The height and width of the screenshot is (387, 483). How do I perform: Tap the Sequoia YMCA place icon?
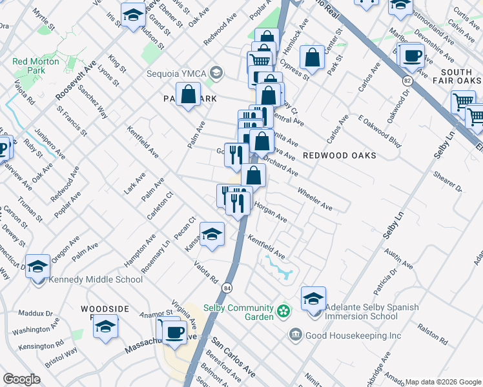[216, 72]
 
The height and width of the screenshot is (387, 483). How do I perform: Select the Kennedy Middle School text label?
[96, 279]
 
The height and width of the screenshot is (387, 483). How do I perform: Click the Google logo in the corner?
[21, 379]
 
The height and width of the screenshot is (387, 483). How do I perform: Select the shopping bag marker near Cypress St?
[313, 57]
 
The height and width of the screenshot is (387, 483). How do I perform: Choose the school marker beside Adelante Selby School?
[313, 298]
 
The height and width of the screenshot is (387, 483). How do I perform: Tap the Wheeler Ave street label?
[314, 199]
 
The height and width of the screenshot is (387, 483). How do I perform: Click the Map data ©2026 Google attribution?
[443, 382]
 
